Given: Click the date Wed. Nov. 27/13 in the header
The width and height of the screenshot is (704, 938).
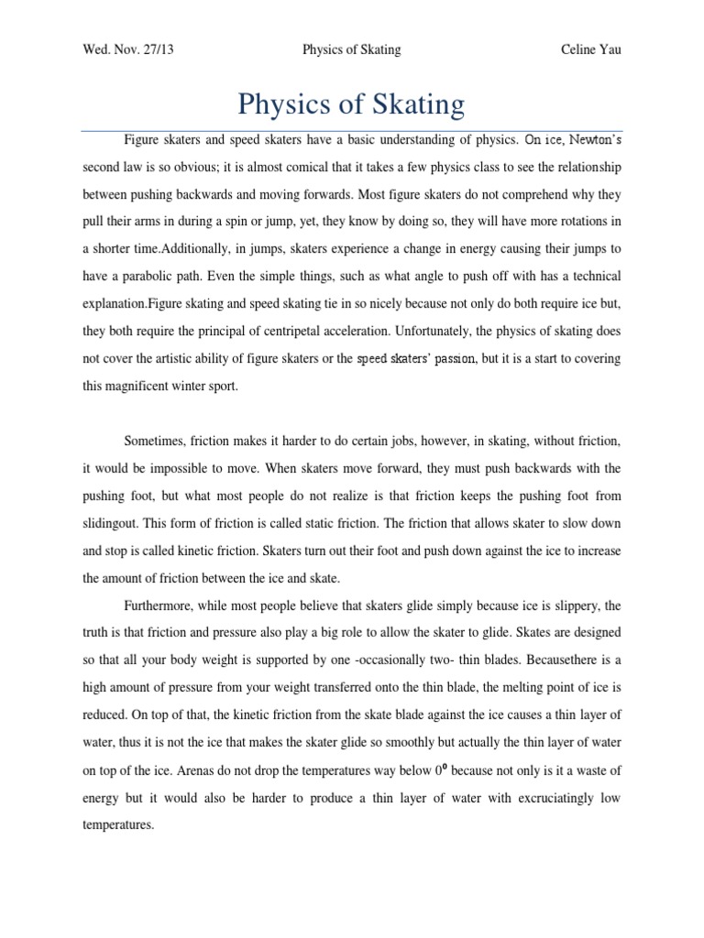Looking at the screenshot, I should [x=128, y=49].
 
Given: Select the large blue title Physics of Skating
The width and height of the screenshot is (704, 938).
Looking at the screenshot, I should [x=351, y=104].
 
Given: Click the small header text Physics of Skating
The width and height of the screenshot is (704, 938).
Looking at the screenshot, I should [x=351, y=49].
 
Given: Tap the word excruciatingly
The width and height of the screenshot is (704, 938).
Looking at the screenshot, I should [x=540, y=799].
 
